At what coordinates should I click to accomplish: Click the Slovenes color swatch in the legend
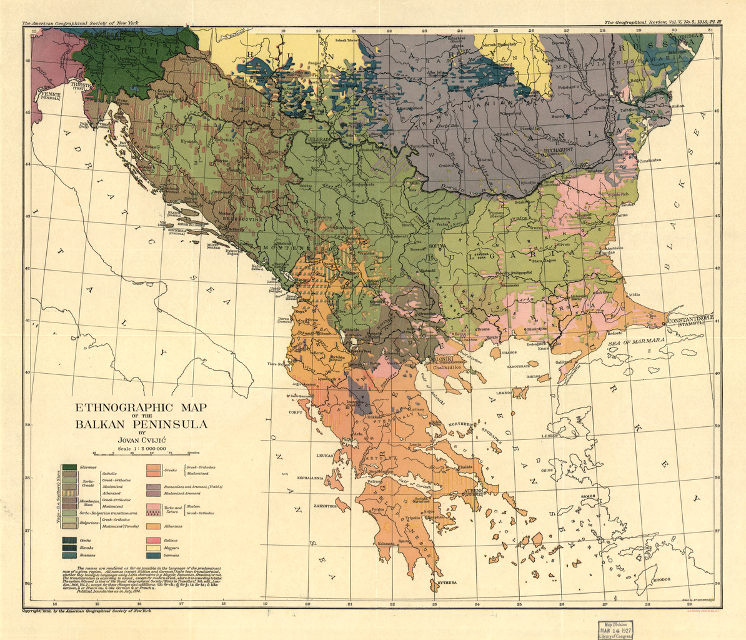tap(69, 467)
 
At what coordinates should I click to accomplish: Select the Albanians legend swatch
tap(154, 526)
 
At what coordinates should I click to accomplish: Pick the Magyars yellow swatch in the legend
tap(154, 547)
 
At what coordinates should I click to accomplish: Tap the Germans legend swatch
tap(154, 554)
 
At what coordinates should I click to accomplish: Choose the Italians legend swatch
tap(154, 540)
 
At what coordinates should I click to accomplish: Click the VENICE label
tap(49, 96)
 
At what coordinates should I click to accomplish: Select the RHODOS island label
tap(662, 579)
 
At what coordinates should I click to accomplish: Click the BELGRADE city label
tap(319, 139)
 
